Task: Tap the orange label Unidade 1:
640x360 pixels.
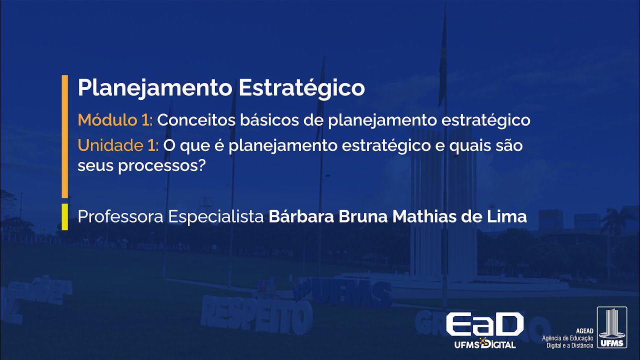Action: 118,145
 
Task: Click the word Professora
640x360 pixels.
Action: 120,217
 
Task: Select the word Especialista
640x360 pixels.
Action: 216,217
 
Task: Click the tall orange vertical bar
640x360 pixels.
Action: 64,136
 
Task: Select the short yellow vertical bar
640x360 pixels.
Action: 64,216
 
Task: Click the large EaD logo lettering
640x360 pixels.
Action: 484,325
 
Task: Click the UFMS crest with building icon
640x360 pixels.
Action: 612,327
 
